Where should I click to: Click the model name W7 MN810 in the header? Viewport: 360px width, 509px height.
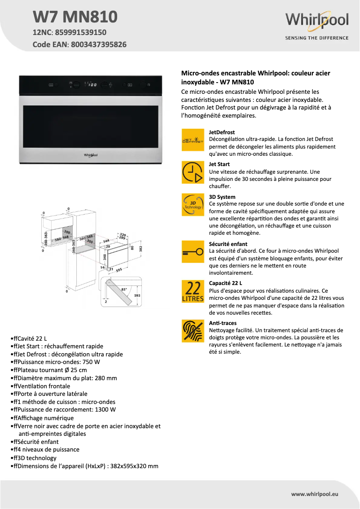[75, 17]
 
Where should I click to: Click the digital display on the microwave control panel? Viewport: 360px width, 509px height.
[92, 84]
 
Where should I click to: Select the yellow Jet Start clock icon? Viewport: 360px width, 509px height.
[193, 172]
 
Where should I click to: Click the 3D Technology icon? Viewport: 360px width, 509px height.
[193, 205]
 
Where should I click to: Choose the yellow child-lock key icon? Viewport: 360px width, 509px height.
[193, 253]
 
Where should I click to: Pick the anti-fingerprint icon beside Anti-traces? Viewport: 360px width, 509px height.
[193, 331]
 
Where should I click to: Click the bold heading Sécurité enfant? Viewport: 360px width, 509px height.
[228, 244]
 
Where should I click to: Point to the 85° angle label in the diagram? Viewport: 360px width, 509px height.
[124, 289]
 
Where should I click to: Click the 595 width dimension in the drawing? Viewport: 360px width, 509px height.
[119, 270]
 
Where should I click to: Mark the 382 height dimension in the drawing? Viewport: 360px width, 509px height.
[140, 248]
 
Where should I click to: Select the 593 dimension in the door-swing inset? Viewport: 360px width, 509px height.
[137, 295]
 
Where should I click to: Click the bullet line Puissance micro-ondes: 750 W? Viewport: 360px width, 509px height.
[57, 362]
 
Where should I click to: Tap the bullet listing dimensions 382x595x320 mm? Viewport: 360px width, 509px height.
[86, 466]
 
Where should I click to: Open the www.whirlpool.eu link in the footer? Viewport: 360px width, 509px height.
[315, 494]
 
